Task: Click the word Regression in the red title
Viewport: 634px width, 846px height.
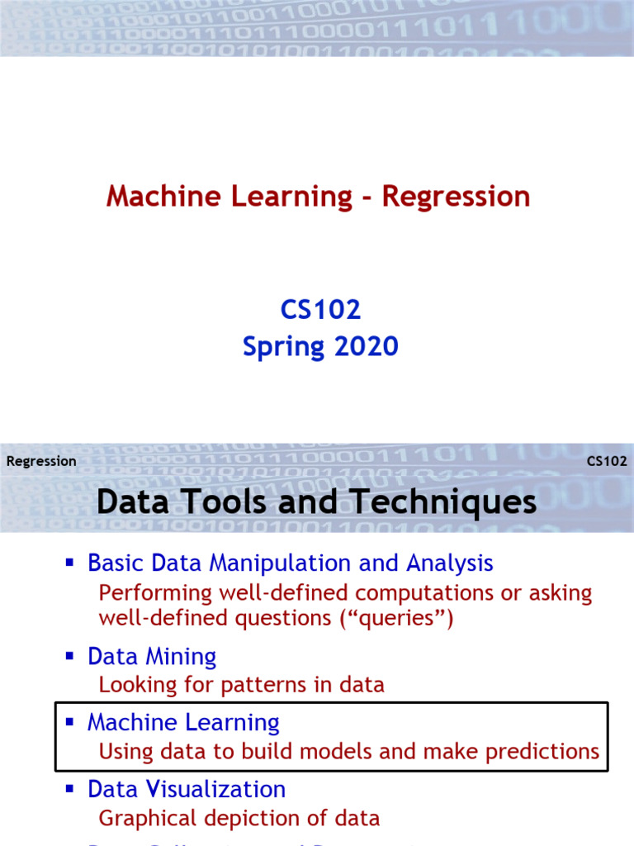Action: click(456, 197)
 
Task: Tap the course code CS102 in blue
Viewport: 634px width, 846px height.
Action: click(320, 310)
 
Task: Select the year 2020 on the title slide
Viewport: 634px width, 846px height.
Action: click(365, 346)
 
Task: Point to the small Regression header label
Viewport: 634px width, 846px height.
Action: click(41, 462)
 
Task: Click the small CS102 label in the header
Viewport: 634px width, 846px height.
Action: click(607, 462)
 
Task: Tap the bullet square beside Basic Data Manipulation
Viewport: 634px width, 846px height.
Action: click(70, 563)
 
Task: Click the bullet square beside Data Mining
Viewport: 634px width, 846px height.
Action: click(70, 656)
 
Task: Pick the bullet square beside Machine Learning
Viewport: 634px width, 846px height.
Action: click(70, 722)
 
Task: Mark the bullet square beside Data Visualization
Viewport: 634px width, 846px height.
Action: click(70, 788)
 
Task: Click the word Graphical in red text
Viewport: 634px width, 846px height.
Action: click(143, 819)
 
